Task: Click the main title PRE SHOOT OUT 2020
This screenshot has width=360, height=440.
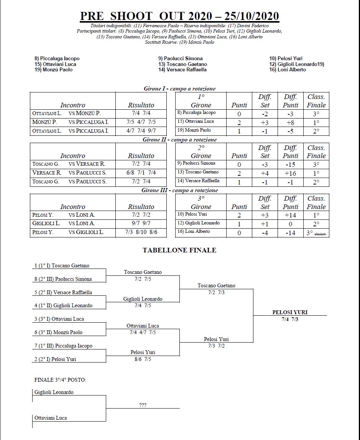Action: click(x=179, y=16)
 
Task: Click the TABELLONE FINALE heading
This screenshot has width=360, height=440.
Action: click(x=179, y=250)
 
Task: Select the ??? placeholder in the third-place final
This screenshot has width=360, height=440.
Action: click(x=143, y=405)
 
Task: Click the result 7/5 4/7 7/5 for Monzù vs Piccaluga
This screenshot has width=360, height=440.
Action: click(x=141, y=122)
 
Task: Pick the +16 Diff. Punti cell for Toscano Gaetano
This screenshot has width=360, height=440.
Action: click(x=290, y=173)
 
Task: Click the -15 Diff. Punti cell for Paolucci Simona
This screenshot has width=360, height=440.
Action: click(x=290, y=165)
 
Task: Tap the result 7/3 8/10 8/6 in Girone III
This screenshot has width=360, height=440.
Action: click(x=141, y=232)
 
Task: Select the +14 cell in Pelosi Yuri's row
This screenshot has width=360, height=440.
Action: click(x=290, y=215)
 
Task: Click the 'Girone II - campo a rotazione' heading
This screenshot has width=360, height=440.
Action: click(x=179, y=140)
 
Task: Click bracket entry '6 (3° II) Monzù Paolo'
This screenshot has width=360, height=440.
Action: click(x=58, y=333)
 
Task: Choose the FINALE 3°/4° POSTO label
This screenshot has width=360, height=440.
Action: click(x=60, y=380)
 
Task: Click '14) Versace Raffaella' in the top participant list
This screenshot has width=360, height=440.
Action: click(x=182, y=70)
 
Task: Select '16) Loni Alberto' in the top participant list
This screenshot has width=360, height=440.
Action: click(x=288, y=70)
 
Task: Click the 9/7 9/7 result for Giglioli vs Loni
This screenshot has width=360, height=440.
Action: click(x=141, y=223)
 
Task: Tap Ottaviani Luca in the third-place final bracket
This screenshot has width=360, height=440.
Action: click(x=51, y=418)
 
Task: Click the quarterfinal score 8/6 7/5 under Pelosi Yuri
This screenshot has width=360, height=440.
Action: click(x=143, y=359)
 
